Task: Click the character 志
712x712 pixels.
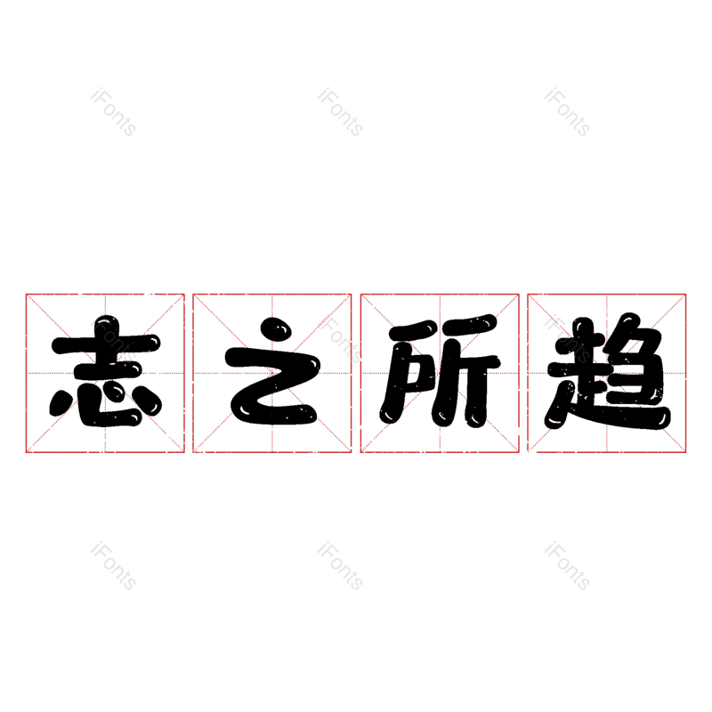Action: (105, 372)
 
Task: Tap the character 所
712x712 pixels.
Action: (440, 372)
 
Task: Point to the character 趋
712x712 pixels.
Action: (607, 372)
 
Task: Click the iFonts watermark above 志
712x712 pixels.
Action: (113, 113)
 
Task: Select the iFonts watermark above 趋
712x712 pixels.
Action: (567, 113)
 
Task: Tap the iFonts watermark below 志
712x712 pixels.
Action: (113, 567)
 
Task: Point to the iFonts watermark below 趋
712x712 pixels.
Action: (567, 567)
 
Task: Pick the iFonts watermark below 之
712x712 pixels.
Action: (340, 567)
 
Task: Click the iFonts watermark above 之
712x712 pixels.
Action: (340, 113)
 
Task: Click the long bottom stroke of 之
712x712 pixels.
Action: (276, 411)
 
